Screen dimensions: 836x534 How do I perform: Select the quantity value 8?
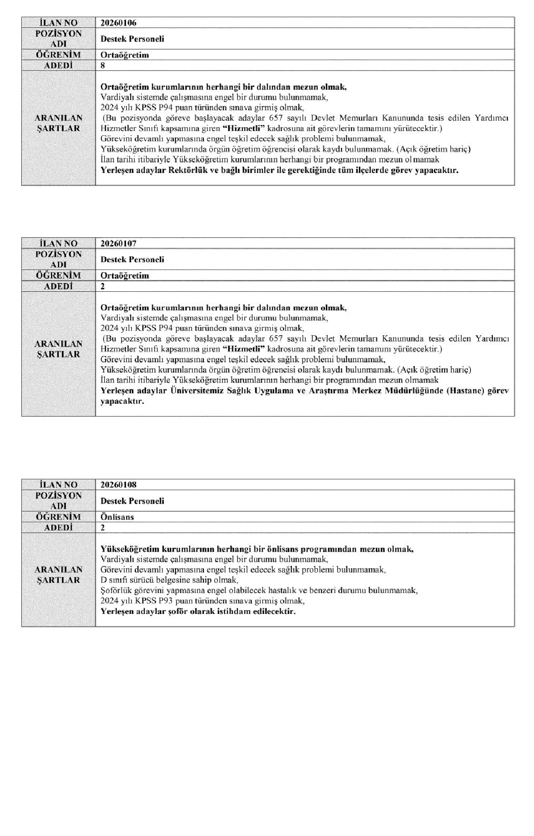(x=103, y=66)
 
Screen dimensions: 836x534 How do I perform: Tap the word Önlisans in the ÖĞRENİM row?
(x=117, y=517)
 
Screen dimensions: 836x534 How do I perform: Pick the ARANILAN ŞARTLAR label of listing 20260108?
(x=58, y=575)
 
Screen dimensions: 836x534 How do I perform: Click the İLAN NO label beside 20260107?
(x=58, y=243)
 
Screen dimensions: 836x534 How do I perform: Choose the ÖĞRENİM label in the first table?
(x=58, y=55)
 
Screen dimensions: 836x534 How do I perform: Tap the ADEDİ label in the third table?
(x=58, y=528)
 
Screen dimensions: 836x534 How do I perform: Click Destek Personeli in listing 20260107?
(x=132, y=260)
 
